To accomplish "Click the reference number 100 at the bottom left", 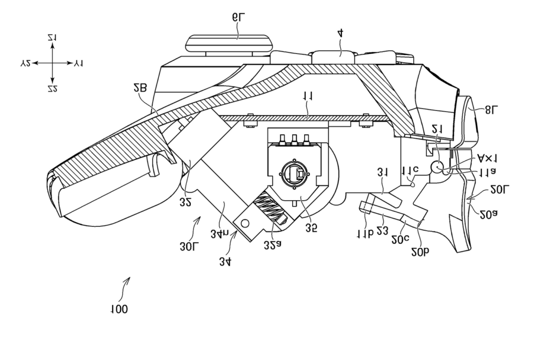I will (x=119, y=309).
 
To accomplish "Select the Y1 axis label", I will (x=79, y=63).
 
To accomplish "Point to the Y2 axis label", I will (x=25, y=63).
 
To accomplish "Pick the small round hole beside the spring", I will (x=244, y=222).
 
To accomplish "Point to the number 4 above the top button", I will (x=340, y=34).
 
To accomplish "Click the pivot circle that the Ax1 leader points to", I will (x=437, y=166).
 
